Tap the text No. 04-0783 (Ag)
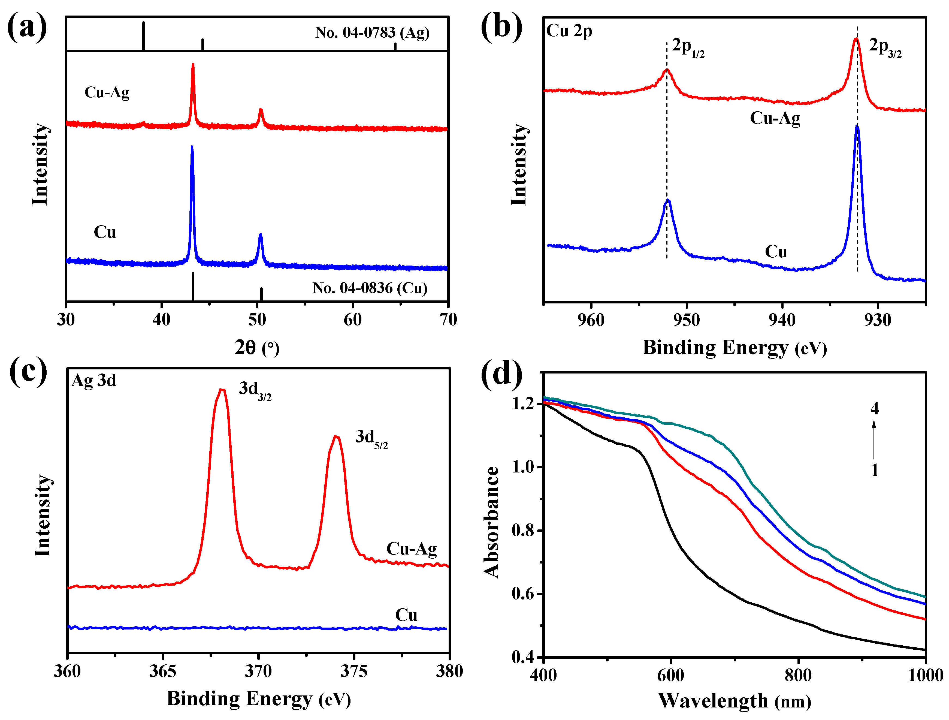pos(372,33)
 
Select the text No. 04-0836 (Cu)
pos(370,288)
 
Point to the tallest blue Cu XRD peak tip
pos(192,147)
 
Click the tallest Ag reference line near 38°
pos(143,36)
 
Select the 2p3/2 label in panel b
pos(885,47)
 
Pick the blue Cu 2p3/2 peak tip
pos(857,126)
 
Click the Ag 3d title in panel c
pos(93,381)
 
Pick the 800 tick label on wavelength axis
pos(798,675)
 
